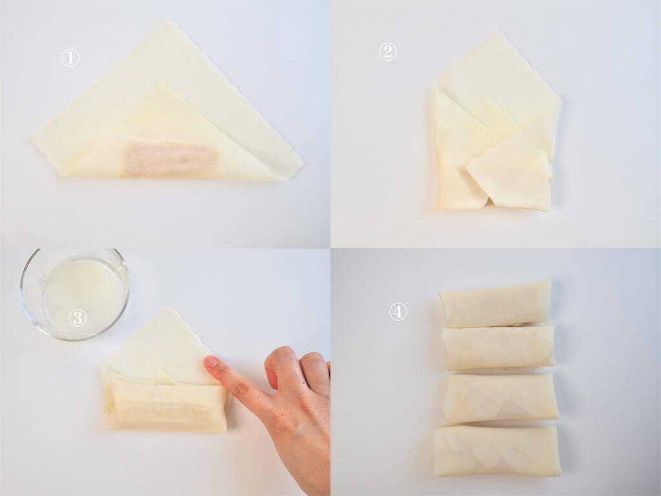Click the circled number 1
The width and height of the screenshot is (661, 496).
click(x=70, y=57)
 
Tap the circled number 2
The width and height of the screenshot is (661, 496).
click(x=387, y=52)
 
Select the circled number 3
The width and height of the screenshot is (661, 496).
click(x=77, y=318)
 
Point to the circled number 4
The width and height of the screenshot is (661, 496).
click(x=398, y=312)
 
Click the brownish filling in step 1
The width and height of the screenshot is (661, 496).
click(x=170, y=159)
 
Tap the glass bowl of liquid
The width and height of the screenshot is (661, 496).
click(x=75, y=294)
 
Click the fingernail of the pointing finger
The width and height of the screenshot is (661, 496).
click(x=211, y=362)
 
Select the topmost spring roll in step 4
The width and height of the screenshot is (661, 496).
click(x=495, y=305)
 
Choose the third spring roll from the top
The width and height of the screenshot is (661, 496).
click(x=500, y=398)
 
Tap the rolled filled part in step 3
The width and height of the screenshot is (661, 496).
click(x=166, y=407)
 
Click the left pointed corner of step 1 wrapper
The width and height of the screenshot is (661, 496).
click(x=32, y=138)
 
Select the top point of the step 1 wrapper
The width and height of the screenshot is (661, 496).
click(x=170, y=20)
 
